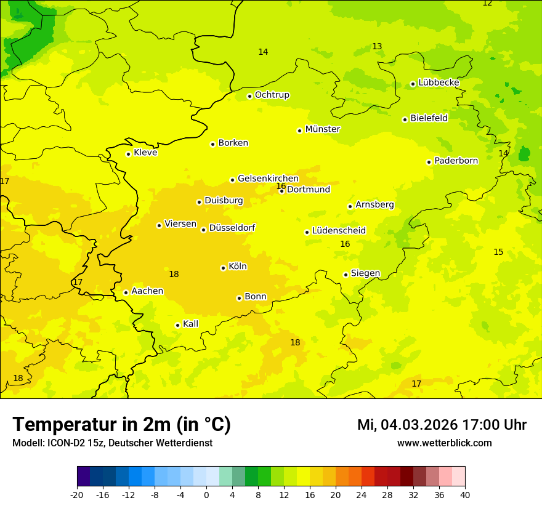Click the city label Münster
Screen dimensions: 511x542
[x=323, y=129]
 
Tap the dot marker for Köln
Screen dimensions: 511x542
[x=223, y=268]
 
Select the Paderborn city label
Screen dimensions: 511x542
[x=456, y=161]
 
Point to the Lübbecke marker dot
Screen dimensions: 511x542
[x=413, y=84]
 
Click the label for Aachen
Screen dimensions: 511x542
[x=147, y=291]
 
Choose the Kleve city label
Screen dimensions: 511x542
[x=145, y=153]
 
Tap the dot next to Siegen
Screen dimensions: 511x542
[x=346, y=275]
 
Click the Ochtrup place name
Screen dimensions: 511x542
[x=272, y=95]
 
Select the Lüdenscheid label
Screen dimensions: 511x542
[x=339, y=231]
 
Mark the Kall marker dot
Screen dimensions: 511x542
[x=177, y=325]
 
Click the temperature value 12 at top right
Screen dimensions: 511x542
[x=487, y=3]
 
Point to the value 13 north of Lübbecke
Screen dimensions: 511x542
[x=377, y=46]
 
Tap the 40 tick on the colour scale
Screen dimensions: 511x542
[x=465, y=494]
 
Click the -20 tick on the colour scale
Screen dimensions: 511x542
[x=77, y=494]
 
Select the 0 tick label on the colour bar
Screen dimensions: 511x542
[x=206, y=494]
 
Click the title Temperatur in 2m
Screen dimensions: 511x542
[x=121, y=424]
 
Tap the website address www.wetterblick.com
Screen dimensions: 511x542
[x=444, y=443]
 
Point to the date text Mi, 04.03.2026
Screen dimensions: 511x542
[x=407, y=425]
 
